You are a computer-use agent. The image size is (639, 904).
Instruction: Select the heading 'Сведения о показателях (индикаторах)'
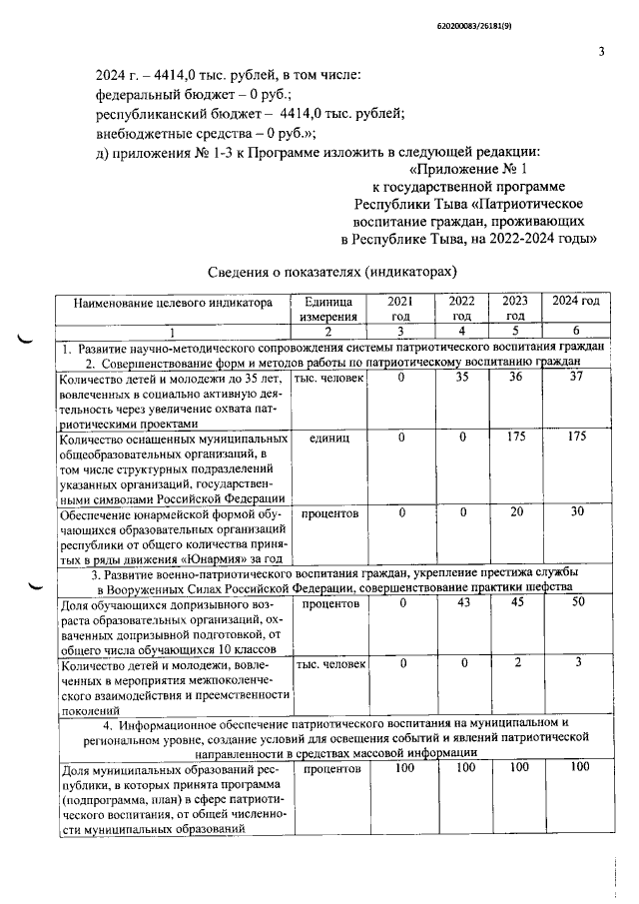click(332, 272)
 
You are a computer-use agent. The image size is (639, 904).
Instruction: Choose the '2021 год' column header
click(399, 309)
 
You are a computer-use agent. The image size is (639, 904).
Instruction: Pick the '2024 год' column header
click(574, 302)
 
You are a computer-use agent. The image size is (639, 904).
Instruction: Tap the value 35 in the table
click(461, 378)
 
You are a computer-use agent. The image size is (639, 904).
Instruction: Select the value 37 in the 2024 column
click(574, 378)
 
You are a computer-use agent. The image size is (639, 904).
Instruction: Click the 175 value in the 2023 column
click(515, 437)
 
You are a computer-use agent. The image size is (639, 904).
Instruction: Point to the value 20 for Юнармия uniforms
click(515, 511)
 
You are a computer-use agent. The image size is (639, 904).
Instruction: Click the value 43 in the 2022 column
click(461, 603)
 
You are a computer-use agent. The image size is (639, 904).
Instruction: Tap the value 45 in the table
click(515, 603)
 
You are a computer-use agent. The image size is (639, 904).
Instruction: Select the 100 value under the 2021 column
click(403, 768)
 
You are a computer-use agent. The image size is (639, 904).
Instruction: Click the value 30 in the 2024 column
click(574, 511)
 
